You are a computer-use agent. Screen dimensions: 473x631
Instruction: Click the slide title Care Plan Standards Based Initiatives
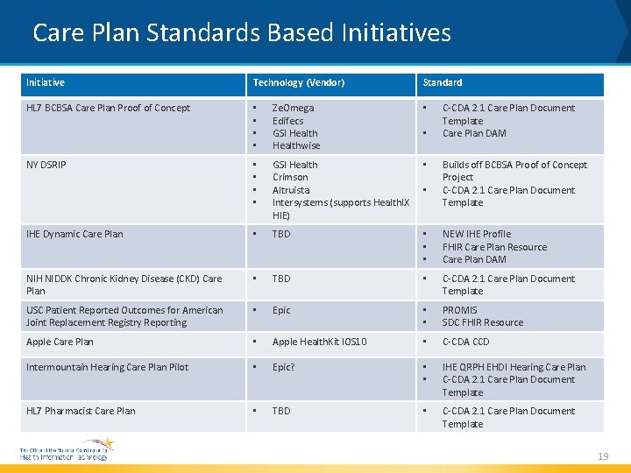point(241,33)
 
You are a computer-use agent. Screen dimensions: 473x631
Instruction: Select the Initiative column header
point(46,82)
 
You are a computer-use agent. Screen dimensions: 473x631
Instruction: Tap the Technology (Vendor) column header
point(299,82)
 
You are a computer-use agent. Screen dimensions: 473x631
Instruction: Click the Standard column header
point(443,82)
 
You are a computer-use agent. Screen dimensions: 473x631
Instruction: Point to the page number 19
point(603,455)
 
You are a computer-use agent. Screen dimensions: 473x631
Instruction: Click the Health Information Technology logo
point(67,450)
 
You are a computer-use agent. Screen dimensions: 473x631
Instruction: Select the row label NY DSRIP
point(46,165)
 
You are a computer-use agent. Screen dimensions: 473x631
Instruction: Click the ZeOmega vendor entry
point(293,108)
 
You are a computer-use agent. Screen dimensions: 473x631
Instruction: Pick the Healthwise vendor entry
point(296,145)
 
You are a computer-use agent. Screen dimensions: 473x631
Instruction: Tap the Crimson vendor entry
point(290,177)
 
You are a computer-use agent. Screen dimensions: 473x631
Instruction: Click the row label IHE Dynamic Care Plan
point(74,234)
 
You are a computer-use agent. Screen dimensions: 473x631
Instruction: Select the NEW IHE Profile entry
point(477,234)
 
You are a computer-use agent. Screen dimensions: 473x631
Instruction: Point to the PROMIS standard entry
point(460,310)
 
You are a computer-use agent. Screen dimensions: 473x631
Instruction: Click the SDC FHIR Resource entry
point(483,322)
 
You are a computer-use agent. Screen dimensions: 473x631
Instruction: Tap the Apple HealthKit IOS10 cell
point(319,342)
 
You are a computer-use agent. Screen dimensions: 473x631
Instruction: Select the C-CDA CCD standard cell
point(466,342)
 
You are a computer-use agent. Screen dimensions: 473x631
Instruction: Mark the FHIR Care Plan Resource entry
point(494,247)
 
